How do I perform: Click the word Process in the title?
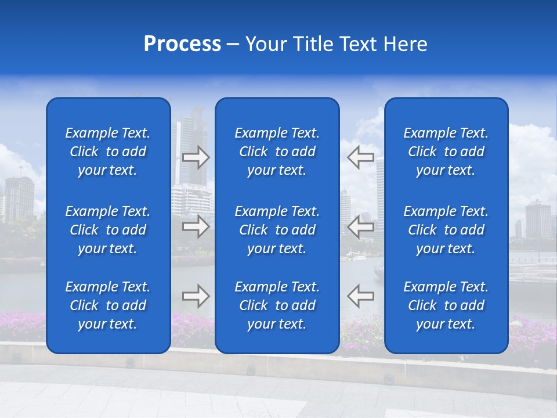coord(182,44)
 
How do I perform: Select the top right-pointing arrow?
coord(196,157)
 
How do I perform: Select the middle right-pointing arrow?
coord(196,226)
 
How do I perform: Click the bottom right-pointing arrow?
coord(196,296)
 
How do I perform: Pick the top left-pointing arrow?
coord(361,157)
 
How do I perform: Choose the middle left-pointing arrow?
coord(361,226)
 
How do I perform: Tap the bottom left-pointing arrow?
coord(361,296)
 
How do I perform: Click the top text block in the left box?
coord(108,152)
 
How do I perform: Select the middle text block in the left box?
coord(108,230)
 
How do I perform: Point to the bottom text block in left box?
coord(108,305)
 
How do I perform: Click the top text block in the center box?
coord(277,152)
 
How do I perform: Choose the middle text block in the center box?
coord(277,230)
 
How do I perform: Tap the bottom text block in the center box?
coord(277,305)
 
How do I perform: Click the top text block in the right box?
coord(446,152)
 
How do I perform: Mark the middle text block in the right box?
coord(446,230)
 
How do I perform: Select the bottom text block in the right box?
coord(446,305)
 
